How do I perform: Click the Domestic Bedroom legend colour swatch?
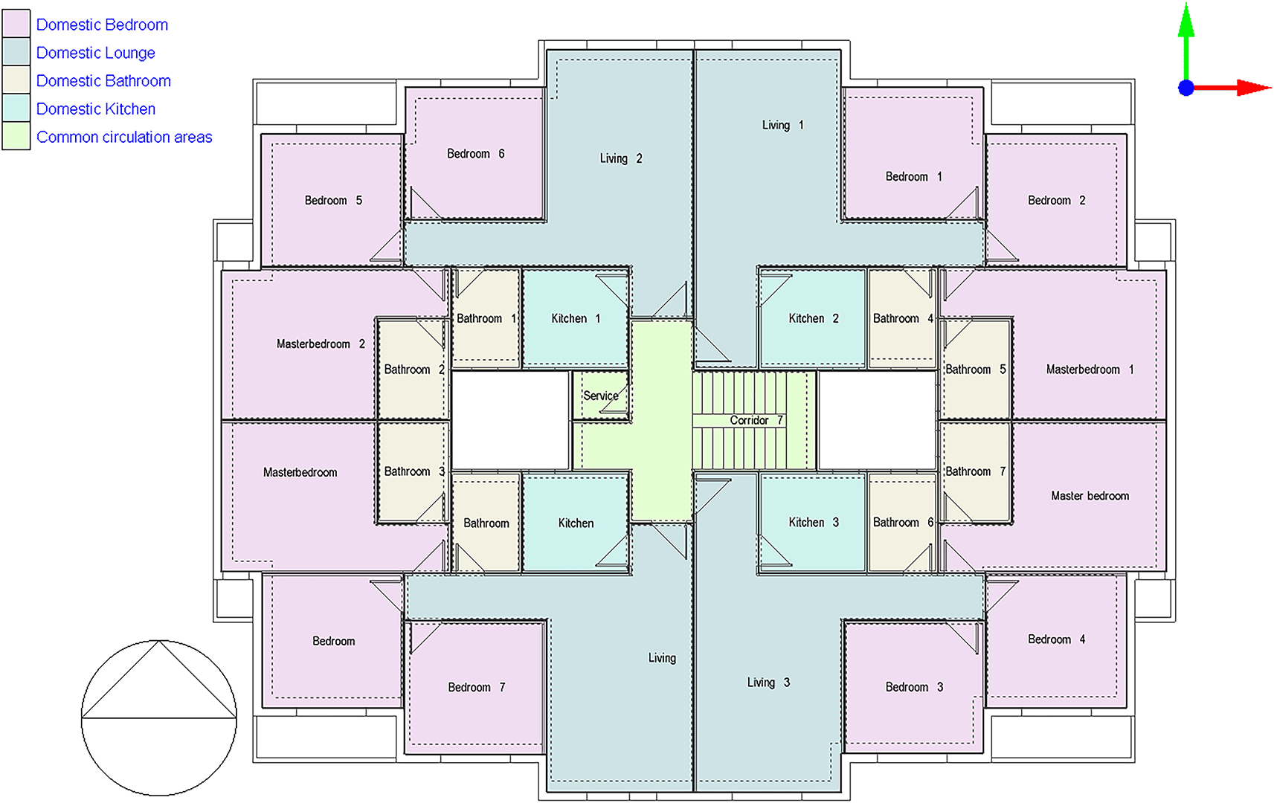pyautogui.click(x=16, y=24)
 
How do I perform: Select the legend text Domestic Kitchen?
pyautogui.click(x=95, y=109)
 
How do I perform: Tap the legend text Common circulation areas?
pyautogui.click(x=124, y=137)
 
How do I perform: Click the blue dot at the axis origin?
pyautogui.click(x=1185, y=88)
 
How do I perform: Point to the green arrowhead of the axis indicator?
pyautogui.click(x=1185, y=21)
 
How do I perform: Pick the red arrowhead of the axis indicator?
pyautogui.click(x=1254, y=88)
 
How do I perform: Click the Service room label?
pyautogui.click(x=601, y=396)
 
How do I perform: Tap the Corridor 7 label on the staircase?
pyautogui.click(x=756, y=420)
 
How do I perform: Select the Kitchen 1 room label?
pyautogui.click(x=576, y=318)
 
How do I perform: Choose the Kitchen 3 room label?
pyautogui.click(x=814, y=523)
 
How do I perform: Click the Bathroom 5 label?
pyautogui.click(x=976, y=370)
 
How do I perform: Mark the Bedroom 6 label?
pyautogui.click(x=475, y=154)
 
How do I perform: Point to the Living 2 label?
pyautogui.click(x=620, y=158)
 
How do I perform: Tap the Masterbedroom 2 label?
pyautogui.click(x=321, y=344)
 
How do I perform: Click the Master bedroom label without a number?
pyautogui.click(x=1090, y=496)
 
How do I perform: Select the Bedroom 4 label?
pyautogui.click(x=1056, y=639)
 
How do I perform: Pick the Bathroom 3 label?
pyautogui.click(x=414, y=471)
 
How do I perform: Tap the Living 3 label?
pyautogui.click(x=768, y=683)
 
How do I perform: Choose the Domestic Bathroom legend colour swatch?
pyautogui.click(x=16, y=80)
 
